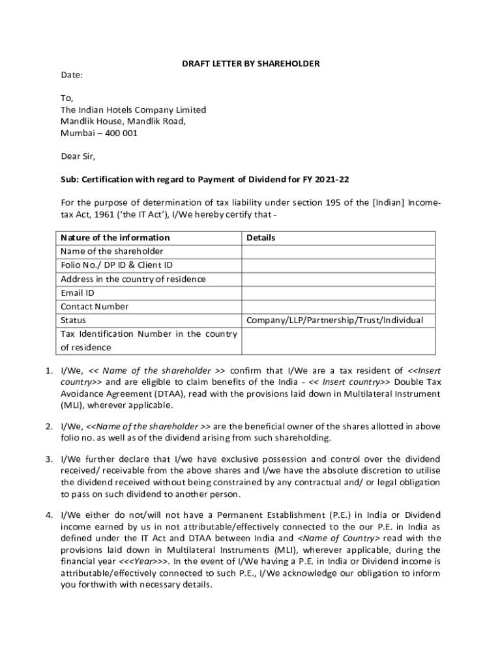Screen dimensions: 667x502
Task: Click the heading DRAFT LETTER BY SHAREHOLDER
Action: [x=250, y=63]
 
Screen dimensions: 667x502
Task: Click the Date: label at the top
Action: [x=72, y=75]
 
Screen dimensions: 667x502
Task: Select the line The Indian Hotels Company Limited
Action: [x=133, y=109]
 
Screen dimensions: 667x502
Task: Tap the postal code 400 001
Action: [x=117, y=133]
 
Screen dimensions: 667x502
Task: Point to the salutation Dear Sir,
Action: [x=78, y=156]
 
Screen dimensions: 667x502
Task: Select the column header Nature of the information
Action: [x=115, y=238]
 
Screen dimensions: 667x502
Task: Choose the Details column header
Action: [x=261, y=238]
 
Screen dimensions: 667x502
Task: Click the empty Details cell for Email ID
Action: [x=338, y=293]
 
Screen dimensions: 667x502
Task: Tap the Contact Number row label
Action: [x=95, y=307]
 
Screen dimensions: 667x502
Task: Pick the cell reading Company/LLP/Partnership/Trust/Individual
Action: [x=334, y=320]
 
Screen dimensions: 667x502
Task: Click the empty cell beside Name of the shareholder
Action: [x=338, y=251]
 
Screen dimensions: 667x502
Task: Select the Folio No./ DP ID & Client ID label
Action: [x=117, y=265]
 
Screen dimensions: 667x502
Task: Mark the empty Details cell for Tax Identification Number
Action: [x=338, y=341]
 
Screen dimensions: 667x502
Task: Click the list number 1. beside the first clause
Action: [x=49, y=371]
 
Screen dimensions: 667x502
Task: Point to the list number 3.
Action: [x=49, y=459]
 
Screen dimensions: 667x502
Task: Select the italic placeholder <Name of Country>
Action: [x=338, y=539]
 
